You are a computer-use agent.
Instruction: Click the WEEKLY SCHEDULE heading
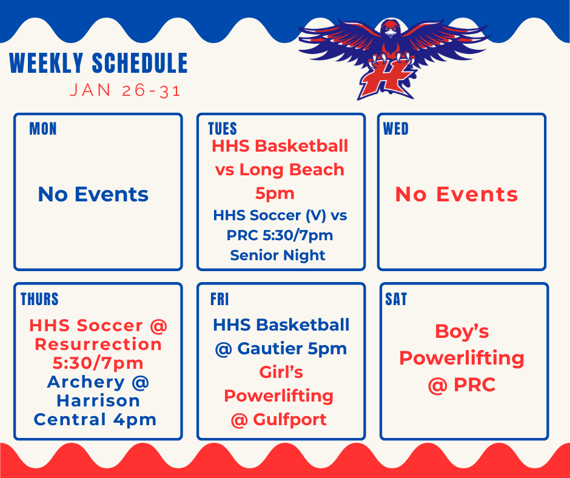click(x=98, y=64)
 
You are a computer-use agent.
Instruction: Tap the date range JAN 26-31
click(x=125, y=91)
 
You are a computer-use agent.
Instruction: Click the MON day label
click(x=42, y=129)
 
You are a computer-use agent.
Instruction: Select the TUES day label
click(x=222, y=129)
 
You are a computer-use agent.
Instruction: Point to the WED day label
click(x=395, y=129)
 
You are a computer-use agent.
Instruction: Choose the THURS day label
click(x=39, y=299)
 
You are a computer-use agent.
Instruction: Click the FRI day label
click(x=219, y=299)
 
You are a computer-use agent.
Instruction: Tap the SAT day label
click(x=396, y=299)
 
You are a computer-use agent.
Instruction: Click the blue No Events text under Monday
click(x=93, y=194)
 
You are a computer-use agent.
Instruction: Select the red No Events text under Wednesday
click(x=457, y=194)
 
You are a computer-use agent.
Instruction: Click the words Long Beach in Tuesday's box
click(x=292, y=170)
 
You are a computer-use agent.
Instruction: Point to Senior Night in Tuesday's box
click(x=278, y=255)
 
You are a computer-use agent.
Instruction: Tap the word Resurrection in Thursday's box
click(x=98, y=344)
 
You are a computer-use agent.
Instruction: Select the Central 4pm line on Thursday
click(x=95, y=419)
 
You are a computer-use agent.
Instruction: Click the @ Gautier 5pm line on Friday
click(x=281, y=349)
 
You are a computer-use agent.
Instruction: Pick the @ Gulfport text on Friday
click(x=278, y=419)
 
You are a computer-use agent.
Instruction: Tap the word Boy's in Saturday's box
click(x=461, y=332)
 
